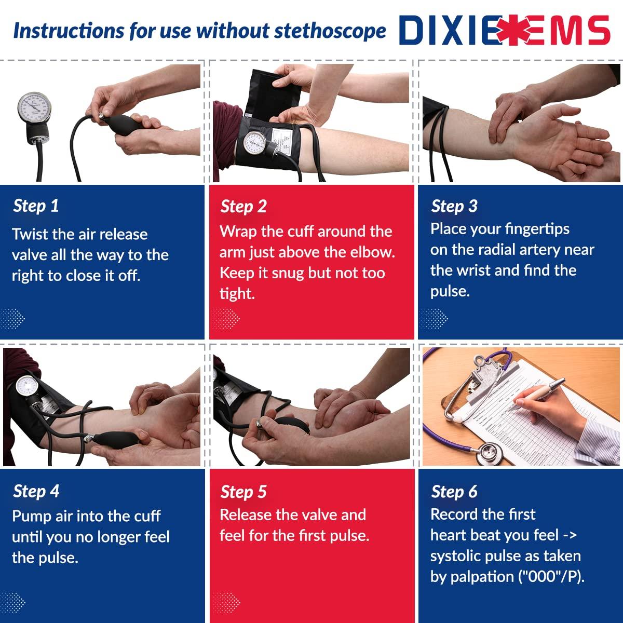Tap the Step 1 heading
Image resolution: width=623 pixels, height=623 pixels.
(x=36, y=206)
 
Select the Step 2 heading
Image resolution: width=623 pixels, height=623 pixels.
(x=243, y=206)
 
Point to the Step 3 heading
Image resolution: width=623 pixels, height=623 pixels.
(x=454, y=206)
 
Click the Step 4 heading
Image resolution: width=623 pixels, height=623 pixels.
(x=36, y=491)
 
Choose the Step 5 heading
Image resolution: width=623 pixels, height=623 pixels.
(x=243, y=492)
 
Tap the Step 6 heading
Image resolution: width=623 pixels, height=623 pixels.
(x=454, y=492)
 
